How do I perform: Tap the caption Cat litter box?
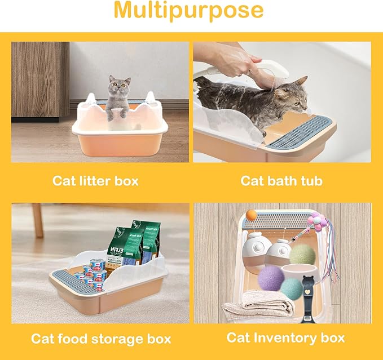click(x=95, y=181)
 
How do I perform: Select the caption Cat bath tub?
click(x=282, y=181)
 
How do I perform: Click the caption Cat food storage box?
click(x=100, y=339)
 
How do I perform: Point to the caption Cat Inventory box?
click(x=285, y=337)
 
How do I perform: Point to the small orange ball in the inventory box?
click(x=251, y=214)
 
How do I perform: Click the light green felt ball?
click(x=302, y=254)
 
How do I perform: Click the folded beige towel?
click(x=257, y=309)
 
